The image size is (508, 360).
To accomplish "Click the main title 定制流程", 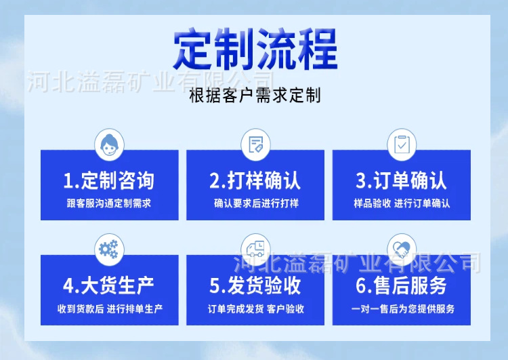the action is [x=255, y=49].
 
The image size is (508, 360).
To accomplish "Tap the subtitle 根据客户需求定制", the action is [x=255, y=95].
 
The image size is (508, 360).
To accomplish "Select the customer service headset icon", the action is [x=109, y=144].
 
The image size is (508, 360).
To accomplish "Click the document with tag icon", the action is [x=255, y=144].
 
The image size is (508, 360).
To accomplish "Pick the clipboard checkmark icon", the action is [x=402, y=144].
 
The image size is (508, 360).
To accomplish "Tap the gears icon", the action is [x=108, y=249].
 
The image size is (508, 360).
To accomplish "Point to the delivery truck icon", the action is [x=255, y=249].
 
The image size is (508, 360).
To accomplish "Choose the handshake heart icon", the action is [x=402, y=249].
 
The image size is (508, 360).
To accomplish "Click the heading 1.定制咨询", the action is [x=108, y=180].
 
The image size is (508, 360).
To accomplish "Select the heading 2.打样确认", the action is [x=255, y=180].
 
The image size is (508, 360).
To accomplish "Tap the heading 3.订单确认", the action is [x=402, y=180].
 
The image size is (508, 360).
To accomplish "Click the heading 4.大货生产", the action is [x=108, y=285].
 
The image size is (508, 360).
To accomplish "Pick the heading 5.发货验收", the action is [x=255, y=285].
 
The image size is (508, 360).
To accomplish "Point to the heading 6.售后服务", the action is [x=402, y=285].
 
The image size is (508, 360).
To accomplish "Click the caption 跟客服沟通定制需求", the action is [x=109, y=203].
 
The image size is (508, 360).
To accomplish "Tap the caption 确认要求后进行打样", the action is [x=256, y=203].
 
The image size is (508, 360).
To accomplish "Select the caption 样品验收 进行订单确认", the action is [x=402, y=203].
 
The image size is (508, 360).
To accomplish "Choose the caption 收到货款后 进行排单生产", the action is [x=110, y=308].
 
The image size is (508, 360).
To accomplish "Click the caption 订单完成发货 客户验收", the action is [x=256, y=308].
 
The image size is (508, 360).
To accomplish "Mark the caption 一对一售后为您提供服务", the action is [x=403, y=308].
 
